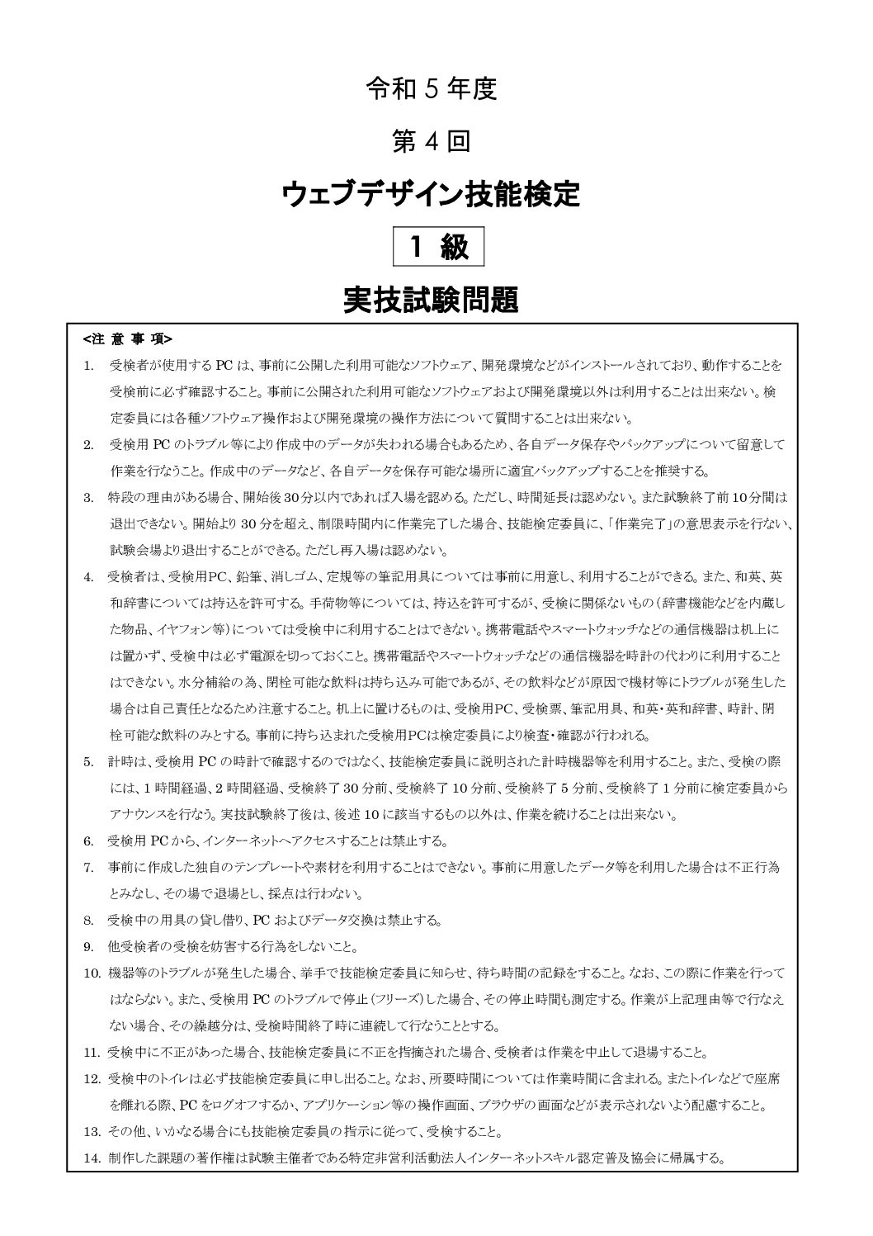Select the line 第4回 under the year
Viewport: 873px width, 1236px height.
(432, 142)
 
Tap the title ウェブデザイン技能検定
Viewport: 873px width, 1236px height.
(432, 195)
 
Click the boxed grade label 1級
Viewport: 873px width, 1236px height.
(437, 247)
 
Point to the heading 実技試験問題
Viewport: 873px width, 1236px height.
(432, 300)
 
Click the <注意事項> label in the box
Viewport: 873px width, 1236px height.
(128, 339)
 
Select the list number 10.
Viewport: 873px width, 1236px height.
(92, 973)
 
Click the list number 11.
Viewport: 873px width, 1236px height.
(92, 1052)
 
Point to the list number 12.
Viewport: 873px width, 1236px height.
(92, 1078)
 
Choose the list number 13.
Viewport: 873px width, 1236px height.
(92, 1131)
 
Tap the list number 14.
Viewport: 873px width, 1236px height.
(92, 1158)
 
